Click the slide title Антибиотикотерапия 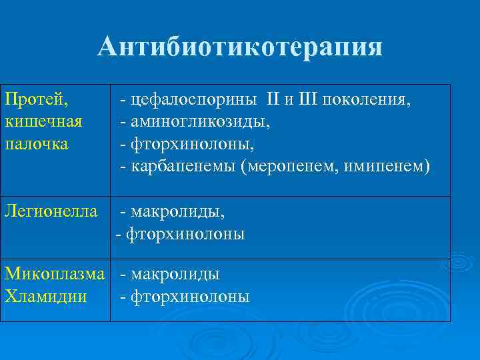(240, 47)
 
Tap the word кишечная (43, 122)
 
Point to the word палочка (36, 144)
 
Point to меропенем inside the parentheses (287, 166)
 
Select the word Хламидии (45, 297)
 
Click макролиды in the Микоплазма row (175, 274)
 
